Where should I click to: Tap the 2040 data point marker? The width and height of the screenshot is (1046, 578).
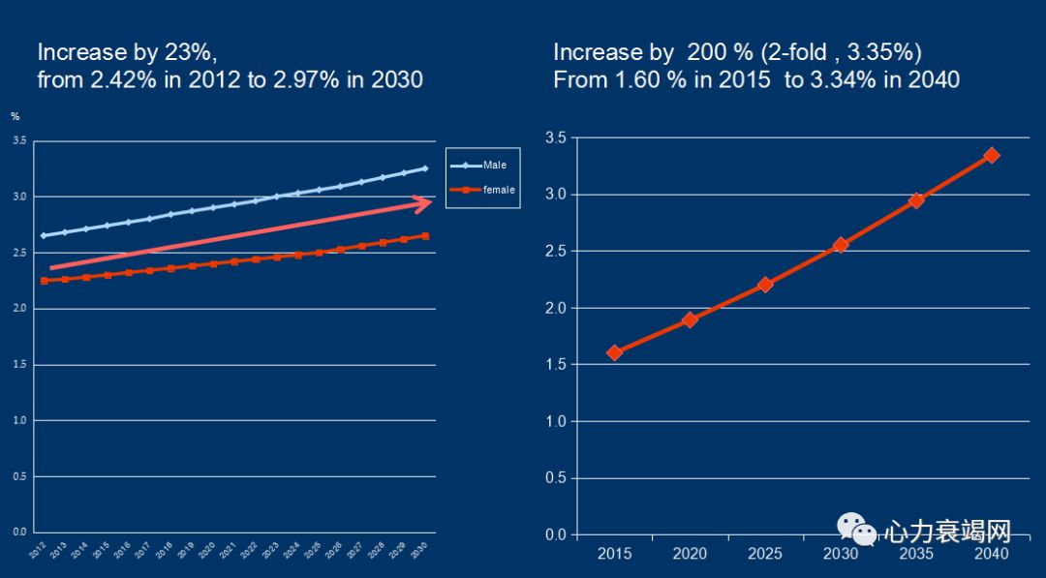[x=991, y=155]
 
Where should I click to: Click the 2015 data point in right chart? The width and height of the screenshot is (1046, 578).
[x=614, y=352]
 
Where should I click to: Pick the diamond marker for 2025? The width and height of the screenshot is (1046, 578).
[x=765, y=285]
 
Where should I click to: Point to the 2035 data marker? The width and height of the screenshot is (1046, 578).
[x=915, y=200]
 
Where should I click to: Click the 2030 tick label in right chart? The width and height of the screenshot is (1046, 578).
[x=840, y=554]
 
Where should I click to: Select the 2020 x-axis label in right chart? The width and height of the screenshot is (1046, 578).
[x=690, y=554]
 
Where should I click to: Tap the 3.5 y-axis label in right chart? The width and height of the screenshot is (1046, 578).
[x=556, y=138]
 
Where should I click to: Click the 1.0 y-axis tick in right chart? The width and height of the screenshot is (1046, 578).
[x=556, y=421]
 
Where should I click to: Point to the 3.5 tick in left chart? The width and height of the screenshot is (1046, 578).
[x=19, y=140]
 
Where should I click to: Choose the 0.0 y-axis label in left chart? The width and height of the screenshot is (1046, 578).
[x=19, y=532]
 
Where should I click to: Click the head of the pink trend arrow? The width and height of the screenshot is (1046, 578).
[x=422, y=202]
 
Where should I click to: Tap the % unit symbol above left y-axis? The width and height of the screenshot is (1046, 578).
[x=15, y=116]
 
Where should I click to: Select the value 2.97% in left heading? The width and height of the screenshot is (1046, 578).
[x=304, y=79]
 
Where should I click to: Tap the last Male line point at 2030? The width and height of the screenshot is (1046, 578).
[x=424, y=168]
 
